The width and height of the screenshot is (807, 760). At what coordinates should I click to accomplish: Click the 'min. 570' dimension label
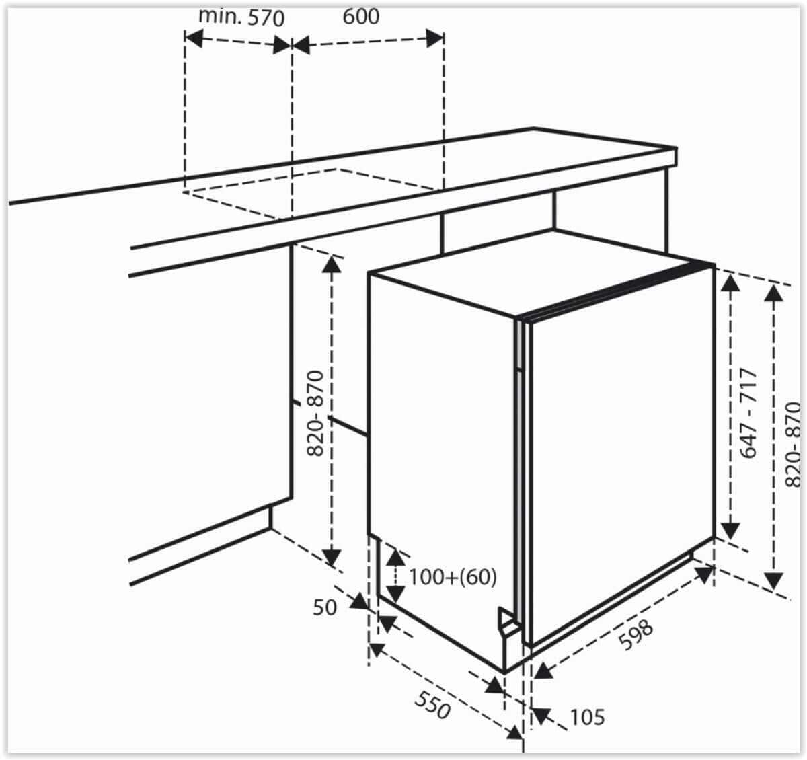(241, 17)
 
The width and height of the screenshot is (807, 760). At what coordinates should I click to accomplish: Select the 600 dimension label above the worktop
(361, 17)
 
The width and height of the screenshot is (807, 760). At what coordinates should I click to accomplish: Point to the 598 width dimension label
(636, 634)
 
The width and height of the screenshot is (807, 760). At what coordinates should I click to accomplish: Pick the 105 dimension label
(587, 718)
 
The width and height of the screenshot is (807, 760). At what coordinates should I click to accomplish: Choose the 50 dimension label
(325, 608)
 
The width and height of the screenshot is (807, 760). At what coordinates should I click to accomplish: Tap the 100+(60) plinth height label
(453, 577)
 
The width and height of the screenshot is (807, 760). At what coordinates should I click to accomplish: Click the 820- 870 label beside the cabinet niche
(315, 414)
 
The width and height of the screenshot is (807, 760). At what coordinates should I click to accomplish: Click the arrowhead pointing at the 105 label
(541, 716)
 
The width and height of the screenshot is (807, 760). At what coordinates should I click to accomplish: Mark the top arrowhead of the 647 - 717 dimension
(730, 283)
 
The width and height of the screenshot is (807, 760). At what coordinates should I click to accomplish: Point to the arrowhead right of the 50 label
(359, 601)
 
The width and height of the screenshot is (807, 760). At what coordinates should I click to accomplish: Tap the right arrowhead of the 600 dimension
(434, 39)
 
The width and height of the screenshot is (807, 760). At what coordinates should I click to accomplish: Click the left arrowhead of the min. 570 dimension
(194, 38)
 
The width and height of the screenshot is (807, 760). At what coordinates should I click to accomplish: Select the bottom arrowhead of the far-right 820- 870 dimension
(773, 580)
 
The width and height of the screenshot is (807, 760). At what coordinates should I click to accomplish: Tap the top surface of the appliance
(541, 272)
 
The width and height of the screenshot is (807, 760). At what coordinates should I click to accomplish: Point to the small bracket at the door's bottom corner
(508, 621)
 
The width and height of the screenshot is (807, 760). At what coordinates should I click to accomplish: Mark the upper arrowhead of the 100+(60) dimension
(395, 556)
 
